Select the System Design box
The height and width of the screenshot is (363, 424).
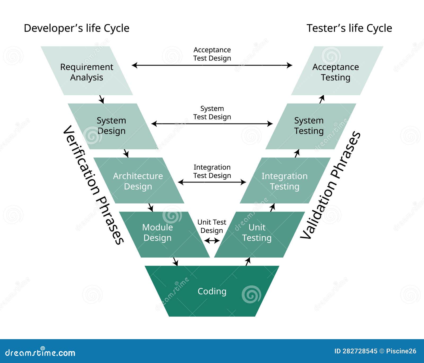point(111,126)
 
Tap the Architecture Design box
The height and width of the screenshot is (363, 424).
point(138,181)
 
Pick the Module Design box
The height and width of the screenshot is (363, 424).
point(158,232)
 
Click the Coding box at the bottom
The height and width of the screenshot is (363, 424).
point(212,291)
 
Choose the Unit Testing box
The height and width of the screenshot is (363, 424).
point(257,232)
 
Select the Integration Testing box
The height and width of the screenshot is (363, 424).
point(285,181)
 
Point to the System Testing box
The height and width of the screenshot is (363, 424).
point(309,126)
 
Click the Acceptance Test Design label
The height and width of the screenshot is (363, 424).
point(212,54)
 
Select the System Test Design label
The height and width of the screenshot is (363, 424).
point(212,113)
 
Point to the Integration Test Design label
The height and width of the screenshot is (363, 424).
point(212,171)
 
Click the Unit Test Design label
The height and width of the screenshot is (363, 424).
point(212,226)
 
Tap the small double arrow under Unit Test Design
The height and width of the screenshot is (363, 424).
point(212,241)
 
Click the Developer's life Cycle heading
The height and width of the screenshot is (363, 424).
point(77,28)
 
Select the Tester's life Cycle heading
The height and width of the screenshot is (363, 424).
point(349,28)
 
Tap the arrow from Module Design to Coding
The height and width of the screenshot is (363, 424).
point(175,262)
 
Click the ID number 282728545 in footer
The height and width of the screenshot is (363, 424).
point(360,351)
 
